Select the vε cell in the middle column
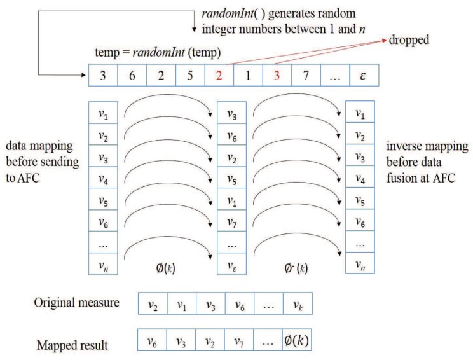tap(230, 264)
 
